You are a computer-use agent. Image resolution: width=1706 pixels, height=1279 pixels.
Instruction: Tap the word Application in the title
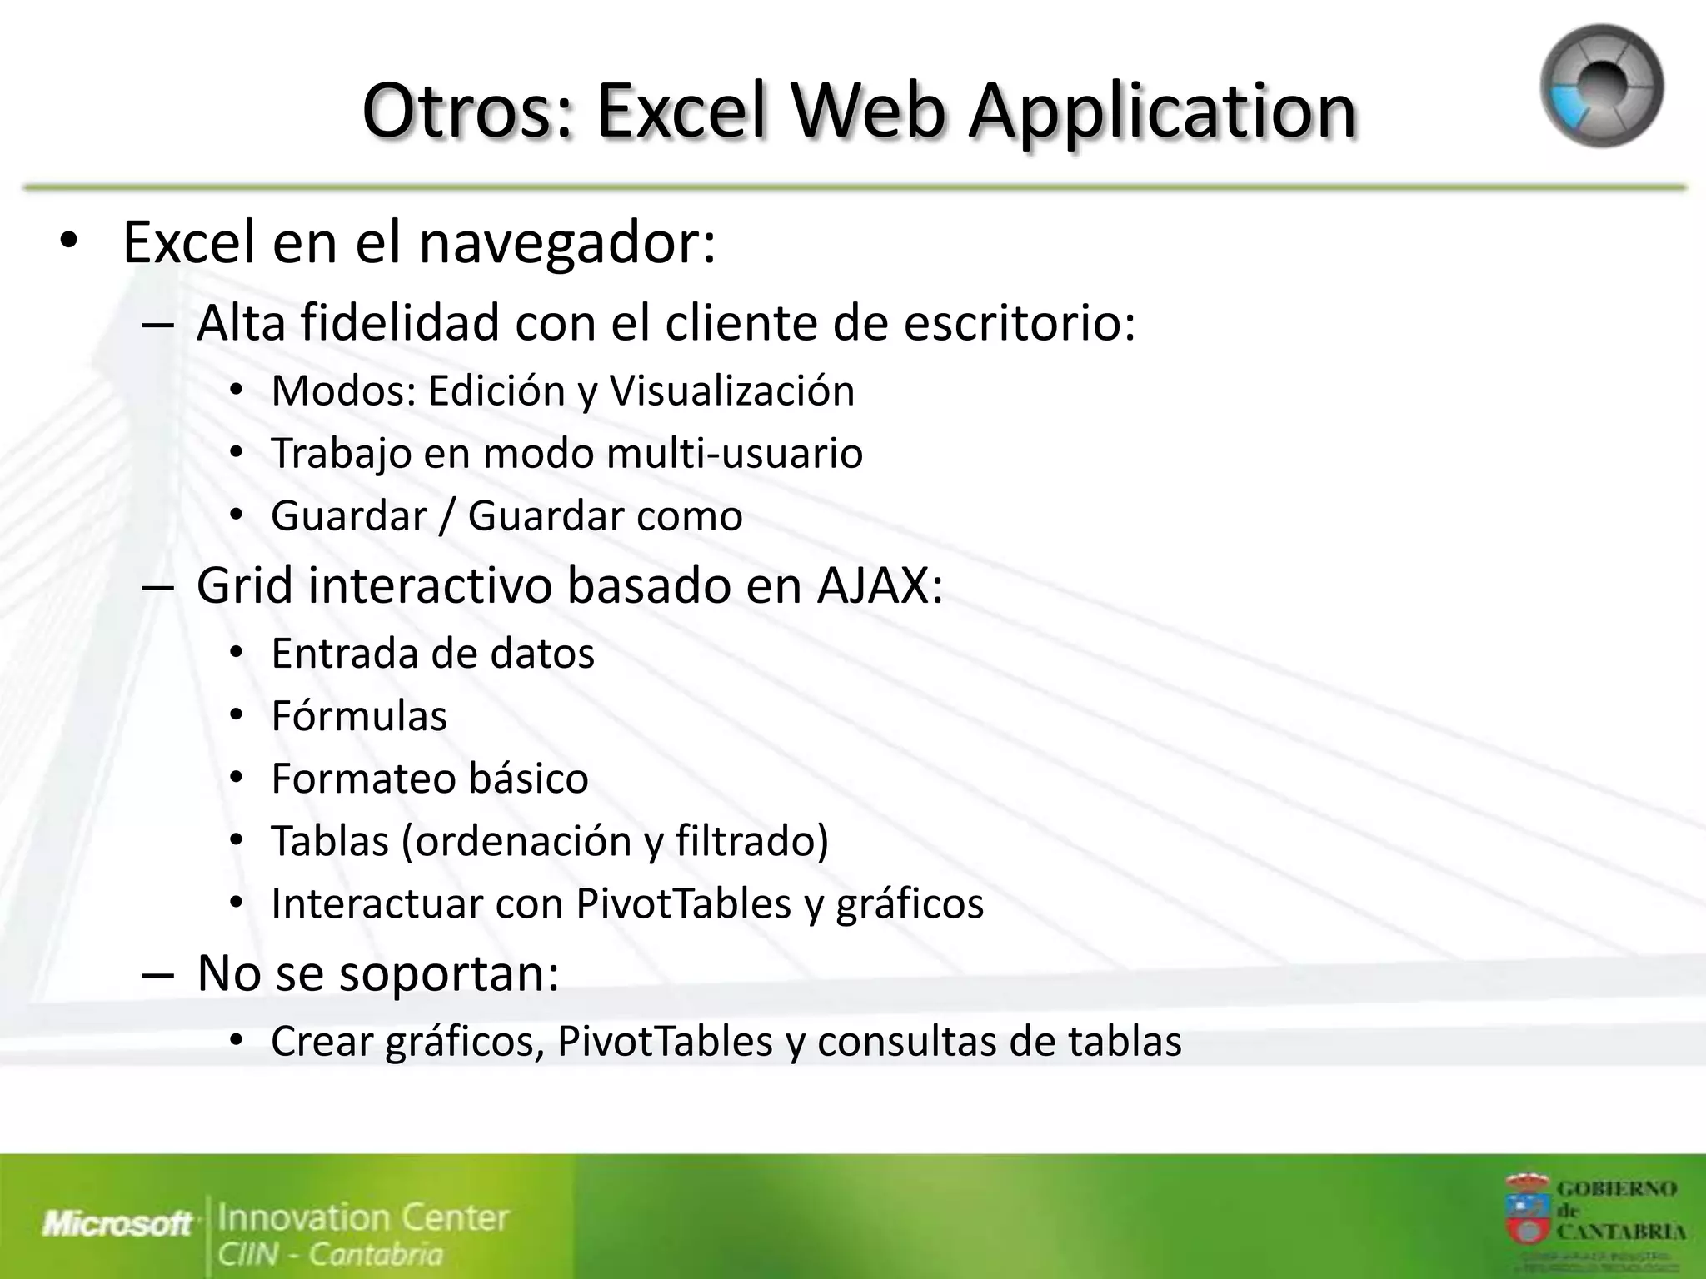(1162, 112)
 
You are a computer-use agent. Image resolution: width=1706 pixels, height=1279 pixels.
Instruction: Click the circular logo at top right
(1601, 87)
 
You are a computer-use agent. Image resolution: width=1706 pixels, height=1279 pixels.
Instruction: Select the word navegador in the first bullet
(566, 243)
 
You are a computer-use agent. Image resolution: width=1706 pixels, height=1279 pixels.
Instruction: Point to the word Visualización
(732, 391)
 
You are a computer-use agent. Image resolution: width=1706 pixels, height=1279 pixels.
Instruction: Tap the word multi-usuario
(735, 453)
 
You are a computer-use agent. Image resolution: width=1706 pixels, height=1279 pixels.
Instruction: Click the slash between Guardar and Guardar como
(447, 515)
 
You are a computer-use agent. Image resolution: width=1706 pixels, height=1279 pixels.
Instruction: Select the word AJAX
(878, 585)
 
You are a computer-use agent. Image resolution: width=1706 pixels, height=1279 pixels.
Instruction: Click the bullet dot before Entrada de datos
(237, 653)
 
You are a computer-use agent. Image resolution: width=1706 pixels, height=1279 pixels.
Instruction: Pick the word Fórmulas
(359, 716)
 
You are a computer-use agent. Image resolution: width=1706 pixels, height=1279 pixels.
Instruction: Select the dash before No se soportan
(157, 974)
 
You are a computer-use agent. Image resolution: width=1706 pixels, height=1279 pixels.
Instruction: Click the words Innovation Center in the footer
(362, 1217)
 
